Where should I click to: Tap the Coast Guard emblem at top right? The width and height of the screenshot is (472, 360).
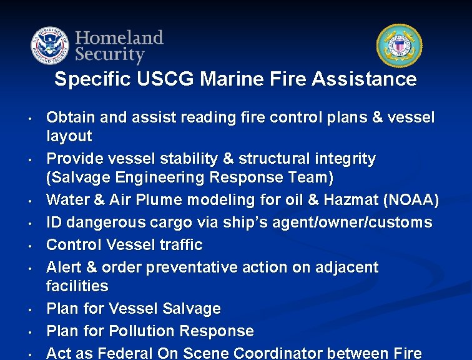[x=399, y=46]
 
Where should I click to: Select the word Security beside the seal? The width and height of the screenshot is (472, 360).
[x=110, y=54]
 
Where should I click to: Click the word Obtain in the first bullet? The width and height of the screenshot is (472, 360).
[x=69, y=117]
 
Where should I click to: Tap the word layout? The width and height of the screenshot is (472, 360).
[x=69, y=136]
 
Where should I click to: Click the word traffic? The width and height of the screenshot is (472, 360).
[x=180, y=244]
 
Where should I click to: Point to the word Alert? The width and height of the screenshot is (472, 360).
[x=66, y=267]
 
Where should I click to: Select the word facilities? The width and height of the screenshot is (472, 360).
[x=77, y=286]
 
